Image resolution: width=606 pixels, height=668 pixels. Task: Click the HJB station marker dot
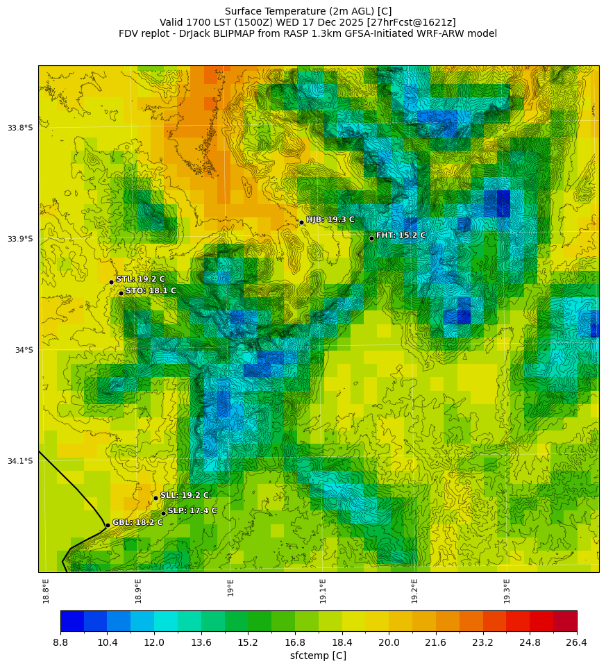point(301,222)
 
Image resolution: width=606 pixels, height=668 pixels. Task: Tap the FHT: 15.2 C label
point(401,235)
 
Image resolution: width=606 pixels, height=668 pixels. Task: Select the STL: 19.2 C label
point(140,279)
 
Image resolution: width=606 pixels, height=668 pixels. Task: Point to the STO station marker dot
point(121,293)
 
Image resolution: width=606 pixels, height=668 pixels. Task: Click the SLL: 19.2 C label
point(184,496)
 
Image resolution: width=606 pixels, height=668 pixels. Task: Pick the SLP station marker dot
point(163,513)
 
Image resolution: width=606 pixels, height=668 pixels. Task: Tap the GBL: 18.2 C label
point(137,522)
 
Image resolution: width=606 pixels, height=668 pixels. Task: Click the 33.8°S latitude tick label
point(19,128)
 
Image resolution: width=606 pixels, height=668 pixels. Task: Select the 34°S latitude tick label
point(23,350)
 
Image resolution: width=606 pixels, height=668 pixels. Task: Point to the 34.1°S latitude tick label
point(19,461)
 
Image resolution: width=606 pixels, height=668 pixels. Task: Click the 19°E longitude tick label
point(230,587)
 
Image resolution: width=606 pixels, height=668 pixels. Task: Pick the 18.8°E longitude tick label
point(46,590)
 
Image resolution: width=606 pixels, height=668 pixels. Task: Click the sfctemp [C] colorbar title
point(318,656)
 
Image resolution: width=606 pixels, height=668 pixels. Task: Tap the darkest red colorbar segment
point(565,620)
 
